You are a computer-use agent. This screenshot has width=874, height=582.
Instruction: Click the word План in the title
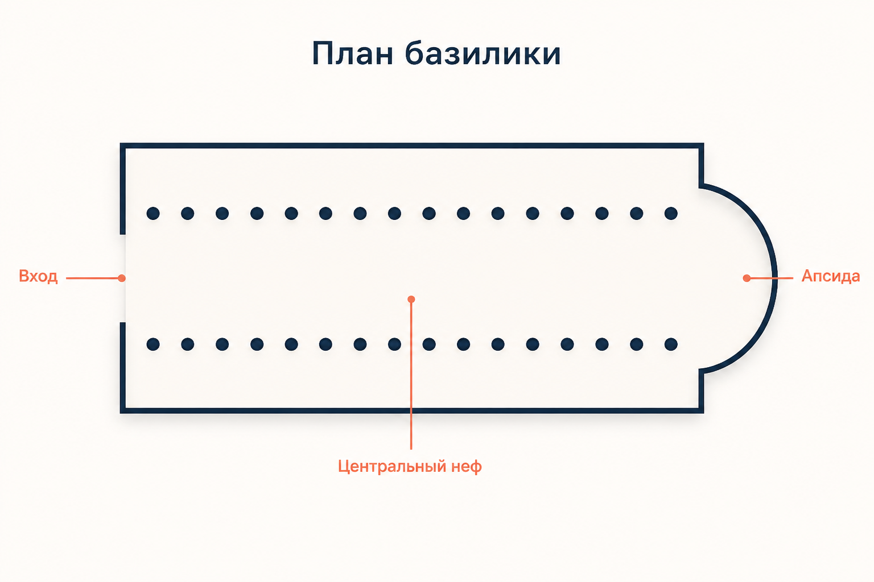pyautogui.click(x=352, y=53)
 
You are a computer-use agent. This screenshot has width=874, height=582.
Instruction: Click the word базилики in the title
pyautogui.click(x=483, y=53)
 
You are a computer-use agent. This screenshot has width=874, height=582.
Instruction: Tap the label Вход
pyautogui.click(x=38, y=276)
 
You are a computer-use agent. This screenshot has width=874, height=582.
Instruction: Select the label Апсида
pyautogui.click(x=831, y=276)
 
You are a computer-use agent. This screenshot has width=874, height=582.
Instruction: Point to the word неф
pyautogui.click(x=467, y=467)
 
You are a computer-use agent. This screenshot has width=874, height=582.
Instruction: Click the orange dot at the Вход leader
pyautogui.click(x=122, y=278)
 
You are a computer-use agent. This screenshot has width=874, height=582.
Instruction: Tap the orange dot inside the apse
pyautogui.click(x=747, y=278)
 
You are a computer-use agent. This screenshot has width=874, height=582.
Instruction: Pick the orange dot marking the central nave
pyautogui.click(x=411, y=300)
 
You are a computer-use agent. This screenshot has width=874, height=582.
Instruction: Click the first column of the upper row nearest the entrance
pyautogui.click(x=153, y=213)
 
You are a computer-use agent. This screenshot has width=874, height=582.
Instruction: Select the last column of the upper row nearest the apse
pyautogui.click(x=671, y=213)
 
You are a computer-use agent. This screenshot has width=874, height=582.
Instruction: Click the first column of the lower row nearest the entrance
pyautogui.click(x=153, y=344)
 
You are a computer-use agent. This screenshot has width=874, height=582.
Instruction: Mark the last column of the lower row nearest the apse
pyautogui.click(x=671, y=344)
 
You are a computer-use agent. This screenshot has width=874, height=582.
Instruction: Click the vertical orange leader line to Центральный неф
pyautogui.click(x=411, y=374)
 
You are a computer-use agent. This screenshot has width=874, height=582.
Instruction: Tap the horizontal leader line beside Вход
pyautogui.click(x=94, y=278)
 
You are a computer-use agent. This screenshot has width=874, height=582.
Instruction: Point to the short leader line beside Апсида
pyautogui.click(x=770, y=278)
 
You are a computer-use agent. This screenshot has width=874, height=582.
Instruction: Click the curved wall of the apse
pyautogui.click(x=774, y=278)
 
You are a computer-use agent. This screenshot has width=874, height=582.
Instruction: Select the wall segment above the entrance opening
pyautogui.click(x=122, y=189)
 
